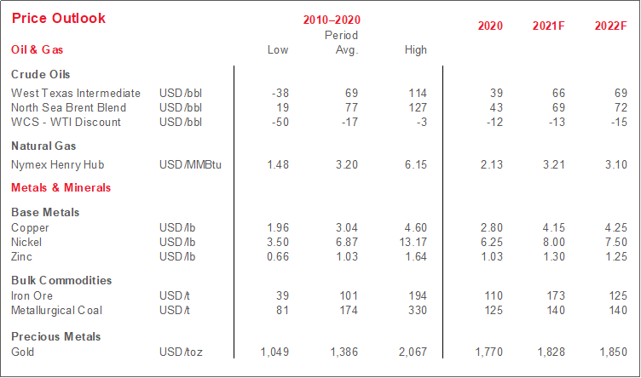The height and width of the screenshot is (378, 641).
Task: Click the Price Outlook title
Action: tap(59, 19)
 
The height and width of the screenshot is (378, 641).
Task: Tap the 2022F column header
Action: tap(610, 26)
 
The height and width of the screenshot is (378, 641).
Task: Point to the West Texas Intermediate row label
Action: tap(76, 92)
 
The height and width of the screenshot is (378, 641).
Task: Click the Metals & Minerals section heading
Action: tap(61, 187)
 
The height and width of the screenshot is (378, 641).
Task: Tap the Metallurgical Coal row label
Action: tap(57, 310)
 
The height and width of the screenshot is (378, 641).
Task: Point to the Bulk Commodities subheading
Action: tap(61, 280)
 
